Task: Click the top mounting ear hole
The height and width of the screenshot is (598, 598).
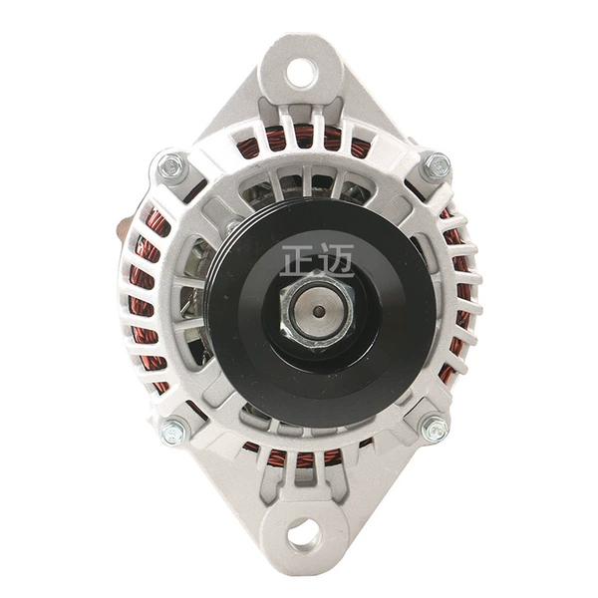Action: (x=302, y=72)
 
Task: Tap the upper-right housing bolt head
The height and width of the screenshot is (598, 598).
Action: (x=438, y=165)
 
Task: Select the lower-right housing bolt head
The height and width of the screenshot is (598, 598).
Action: (x=436, y=430)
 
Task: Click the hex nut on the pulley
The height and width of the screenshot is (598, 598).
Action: (x=317, y=309)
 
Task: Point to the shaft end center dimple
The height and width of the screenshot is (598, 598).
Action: (x=316, y=312)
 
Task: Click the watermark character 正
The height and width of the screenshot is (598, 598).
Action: (x=296, y=260)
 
